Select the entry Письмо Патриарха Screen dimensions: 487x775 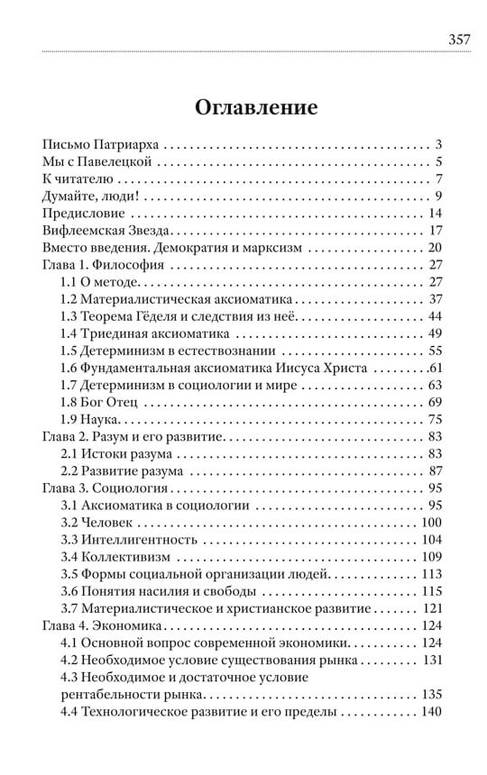pyautogui.click(x=102, y=145)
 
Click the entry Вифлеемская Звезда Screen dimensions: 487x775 pyautogui.click(x=106, y=231)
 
